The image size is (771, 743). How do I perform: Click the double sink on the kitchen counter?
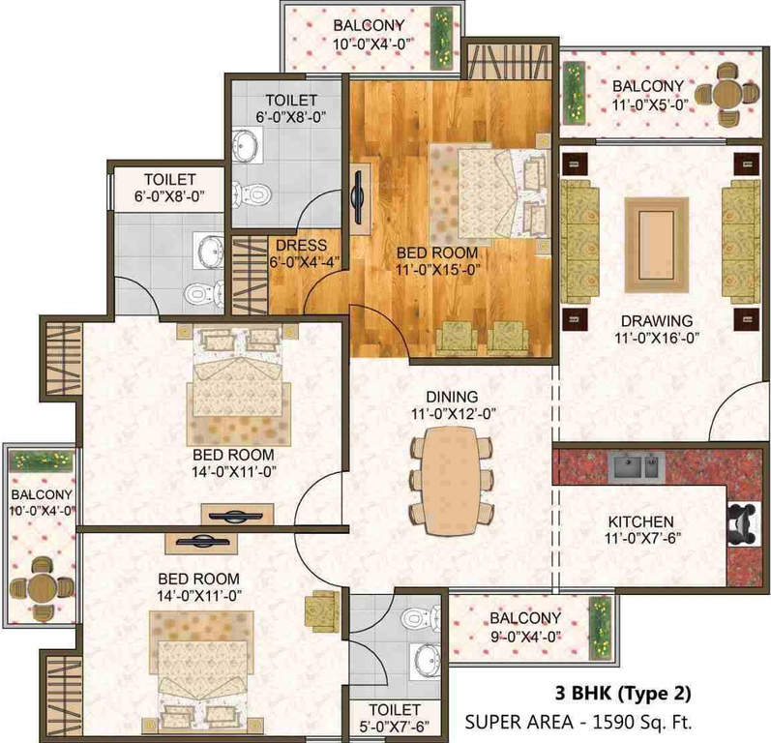pos(631,467)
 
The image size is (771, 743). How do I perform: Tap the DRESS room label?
pos(301,246)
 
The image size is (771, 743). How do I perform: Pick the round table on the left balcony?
pos(40,583)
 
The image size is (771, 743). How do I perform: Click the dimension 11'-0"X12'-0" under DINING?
pos(452,413)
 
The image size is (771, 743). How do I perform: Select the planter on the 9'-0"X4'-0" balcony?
pos(600,621)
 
